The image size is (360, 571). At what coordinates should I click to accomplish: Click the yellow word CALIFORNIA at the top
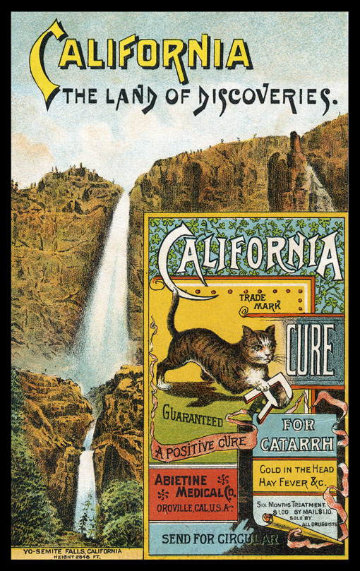coord(145,56)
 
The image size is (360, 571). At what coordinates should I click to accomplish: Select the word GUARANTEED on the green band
coord(193,419)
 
